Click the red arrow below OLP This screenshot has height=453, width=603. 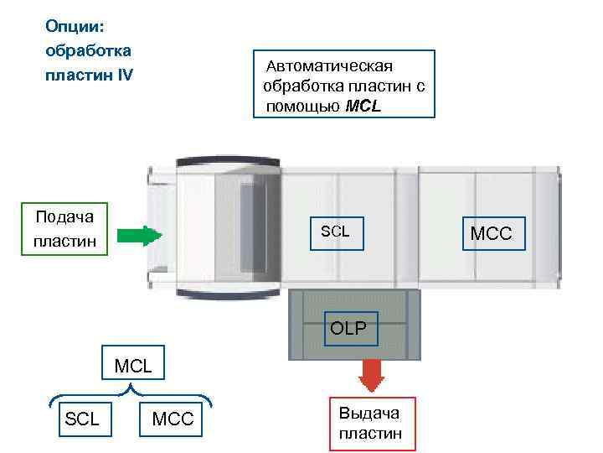click(370, 375)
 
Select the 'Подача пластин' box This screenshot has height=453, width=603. click(64, 229)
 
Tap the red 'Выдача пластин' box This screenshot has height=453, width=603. click(371, 424)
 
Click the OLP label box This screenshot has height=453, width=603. click(348, 328)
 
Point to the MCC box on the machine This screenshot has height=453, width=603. click(491, 233)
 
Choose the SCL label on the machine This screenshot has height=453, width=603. click(335, 231)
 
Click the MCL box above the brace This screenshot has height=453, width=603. click(132, 366)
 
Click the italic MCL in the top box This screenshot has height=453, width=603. click(363, 107)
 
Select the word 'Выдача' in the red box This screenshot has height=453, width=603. click(369, 414)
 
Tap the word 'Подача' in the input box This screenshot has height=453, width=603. click(64, 217)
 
